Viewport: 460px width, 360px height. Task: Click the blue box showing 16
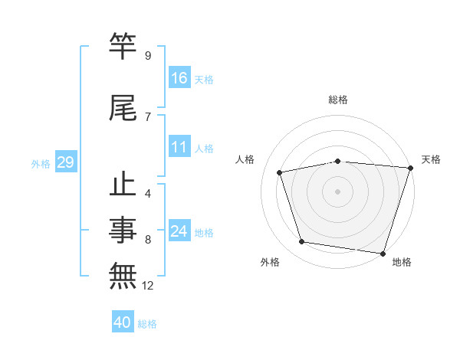(179, 77)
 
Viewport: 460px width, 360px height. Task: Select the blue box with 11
(179, 147)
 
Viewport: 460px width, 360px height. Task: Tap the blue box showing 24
(179, 231)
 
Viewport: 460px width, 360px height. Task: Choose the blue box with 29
(65, 162)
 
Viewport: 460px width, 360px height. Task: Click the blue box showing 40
(123, 323)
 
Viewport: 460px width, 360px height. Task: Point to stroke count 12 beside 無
(149, 286)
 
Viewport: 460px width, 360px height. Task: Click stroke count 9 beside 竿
(148, 56)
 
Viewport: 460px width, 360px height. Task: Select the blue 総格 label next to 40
(148, 324)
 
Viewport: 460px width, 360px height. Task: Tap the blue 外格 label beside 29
(41, 163)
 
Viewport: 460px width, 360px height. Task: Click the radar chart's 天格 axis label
(431, 159)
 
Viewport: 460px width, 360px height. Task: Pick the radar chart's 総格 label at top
(338, 100)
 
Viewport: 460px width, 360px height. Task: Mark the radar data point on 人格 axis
(280, 172)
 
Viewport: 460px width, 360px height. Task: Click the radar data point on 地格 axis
(383, 253)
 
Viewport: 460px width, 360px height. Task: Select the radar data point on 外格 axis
(302, 242)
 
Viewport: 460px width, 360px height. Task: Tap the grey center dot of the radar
(338, 191)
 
